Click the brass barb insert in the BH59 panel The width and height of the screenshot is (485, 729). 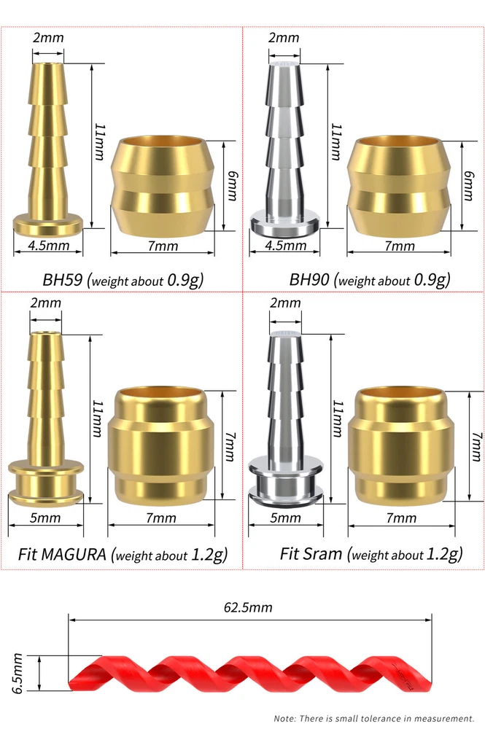pyautogui.click(x=48, y=149)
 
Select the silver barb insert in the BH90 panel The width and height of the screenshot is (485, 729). pyautogui.click(x=284, y=149)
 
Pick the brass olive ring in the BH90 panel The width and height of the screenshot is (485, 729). pyautogui.click(x=400, y=187)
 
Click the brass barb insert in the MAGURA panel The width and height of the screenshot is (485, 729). pyautogui.click(x=45, y=418)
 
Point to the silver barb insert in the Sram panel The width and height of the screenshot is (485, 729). pyautogui.click(x=285, y=418)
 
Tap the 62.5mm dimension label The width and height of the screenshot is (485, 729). pyautogui.click(x=248, y=607)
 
